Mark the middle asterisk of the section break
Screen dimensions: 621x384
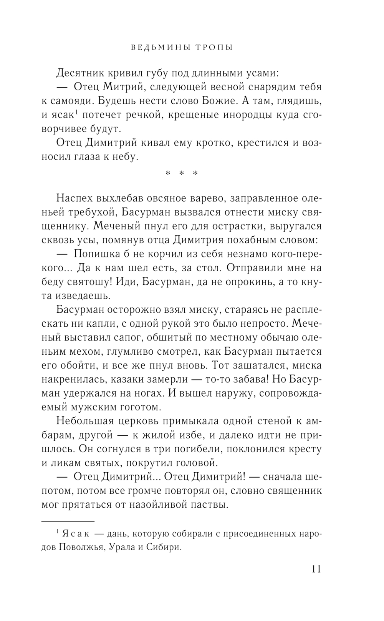click(x=182, y=173)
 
